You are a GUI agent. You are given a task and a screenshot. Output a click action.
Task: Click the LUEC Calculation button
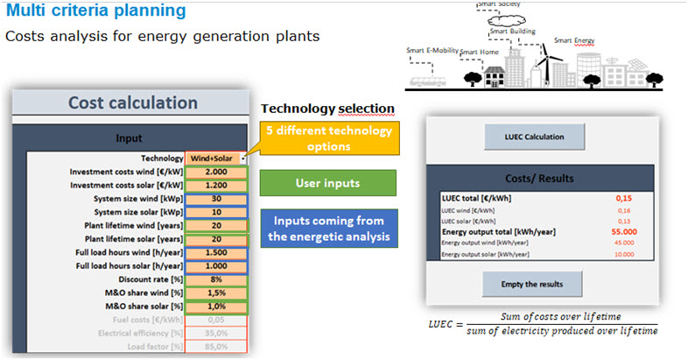534,137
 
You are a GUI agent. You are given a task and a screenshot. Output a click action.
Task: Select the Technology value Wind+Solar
214,159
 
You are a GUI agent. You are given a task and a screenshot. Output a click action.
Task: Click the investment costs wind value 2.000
214,173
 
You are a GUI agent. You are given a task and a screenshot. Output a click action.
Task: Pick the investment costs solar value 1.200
214,186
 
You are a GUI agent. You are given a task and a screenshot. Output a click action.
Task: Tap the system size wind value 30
214,199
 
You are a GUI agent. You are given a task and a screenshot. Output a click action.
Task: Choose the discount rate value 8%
214,279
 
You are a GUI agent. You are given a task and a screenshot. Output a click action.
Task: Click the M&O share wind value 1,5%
214,293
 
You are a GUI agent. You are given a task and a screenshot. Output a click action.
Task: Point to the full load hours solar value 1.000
214,266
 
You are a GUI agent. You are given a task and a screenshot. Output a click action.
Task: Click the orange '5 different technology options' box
325,138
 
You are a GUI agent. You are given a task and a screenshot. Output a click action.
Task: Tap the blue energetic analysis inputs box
328,227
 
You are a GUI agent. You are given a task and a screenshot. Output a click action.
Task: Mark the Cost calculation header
131,102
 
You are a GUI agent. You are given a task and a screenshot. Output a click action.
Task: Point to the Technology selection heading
327,109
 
